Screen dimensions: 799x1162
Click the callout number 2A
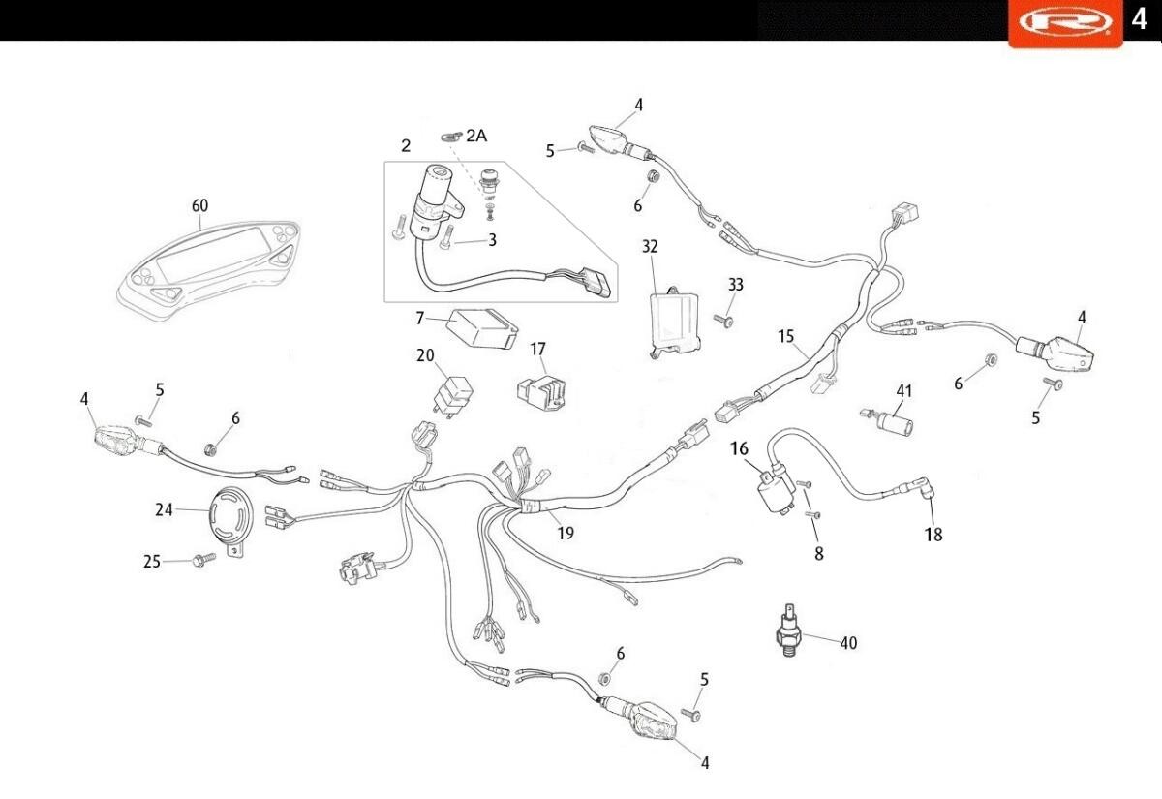click(x=475, y=137)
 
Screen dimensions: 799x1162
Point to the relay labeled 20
click(x=453, y=392)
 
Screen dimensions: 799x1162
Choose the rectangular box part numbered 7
click(x=478, y=328)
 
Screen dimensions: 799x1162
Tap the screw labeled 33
click(x=724, y=321)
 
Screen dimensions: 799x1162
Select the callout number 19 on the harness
click(x=566, y=533)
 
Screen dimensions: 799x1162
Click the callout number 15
click(x=785, y=336)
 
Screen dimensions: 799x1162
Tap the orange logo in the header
click(x=1065, y=21)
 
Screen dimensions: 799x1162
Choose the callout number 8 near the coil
click(x=819, y=554)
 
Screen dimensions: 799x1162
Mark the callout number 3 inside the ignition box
click(x=492, y=240)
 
